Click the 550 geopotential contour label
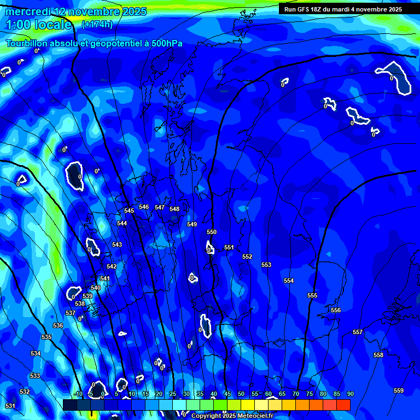(x=212, y=232)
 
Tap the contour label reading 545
(x=129, y=211)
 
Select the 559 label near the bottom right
(x=399, y=390)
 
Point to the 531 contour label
(x=10, y=406)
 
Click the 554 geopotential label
(x=289, y=281)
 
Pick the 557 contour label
(x=358, y=332)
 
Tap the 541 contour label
(x=105, y=279)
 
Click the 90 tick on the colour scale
(x=350, y=394)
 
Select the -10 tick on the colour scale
(x=78, y=394)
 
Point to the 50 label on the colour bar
(x=241, y=394)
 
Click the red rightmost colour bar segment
(x=343, y=405)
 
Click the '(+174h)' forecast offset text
(x=97, y=24)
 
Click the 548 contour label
(x=174, y=209)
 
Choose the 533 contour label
(x=35, y=376)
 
